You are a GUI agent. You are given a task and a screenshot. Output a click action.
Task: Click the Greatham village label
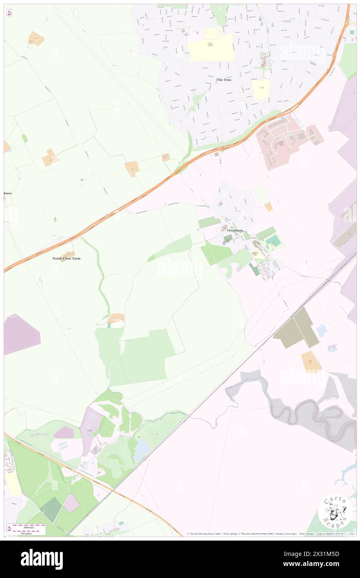tap(235, 230)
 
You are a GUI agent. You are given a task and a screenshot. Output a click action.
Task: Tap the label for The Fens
tap(224, 79)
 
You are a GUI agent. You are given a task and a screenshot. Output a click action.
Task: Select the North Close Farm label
tap(67, 258)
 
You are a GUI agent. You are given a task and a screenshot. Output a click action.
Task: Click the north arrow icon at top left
tap(9, 12)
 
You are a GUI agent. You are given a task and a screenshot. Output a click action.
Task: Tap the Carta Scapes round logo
tap(335, 511)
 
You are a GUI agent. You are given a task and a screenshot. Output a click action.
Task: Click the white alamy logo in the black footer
tap(42, 559)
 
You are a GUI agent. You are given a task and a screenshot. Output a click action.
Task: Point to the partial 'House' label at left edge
tap(7, 193)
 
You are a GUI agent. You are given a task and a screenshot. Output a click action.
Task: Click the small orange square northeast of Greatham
tap(269, 206)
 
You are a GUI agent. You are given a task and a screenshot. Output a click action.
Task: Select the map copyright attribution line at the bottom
tap(270, 534)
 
